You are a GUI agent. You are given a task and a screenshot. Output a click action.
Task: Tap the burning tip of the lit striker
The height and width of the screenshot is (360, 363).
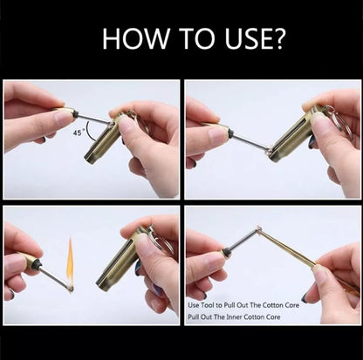coord(70,285)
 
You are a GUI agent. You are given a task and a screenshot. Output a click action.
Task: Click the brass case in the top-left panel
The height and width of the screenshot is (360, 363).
coord(101,139)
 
